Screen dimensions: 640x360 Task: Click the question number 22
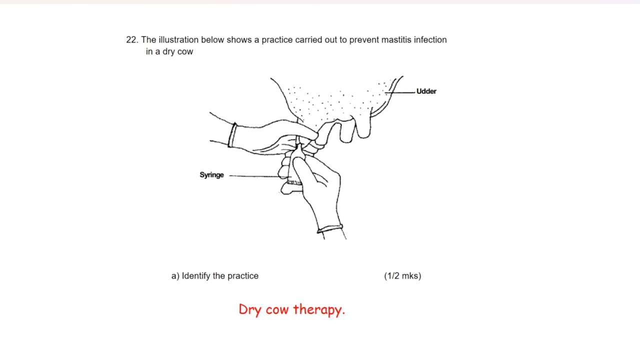point(132,39)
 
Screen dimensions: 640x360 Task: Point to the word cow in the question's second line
point(185,51)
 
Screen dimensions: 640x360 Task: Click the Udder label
point(426,91)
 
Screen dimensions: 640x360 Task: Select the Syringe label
point(211,175)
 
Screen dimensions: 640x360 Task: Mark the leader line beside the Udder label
point(400,92)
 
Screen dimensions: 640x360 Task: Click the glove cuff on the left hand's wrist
point(232,135)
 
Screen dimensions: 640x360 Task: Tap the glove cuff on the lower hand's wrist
point(330,228)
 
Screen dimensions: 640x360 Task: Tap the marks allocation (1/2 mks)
point(402,276)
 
